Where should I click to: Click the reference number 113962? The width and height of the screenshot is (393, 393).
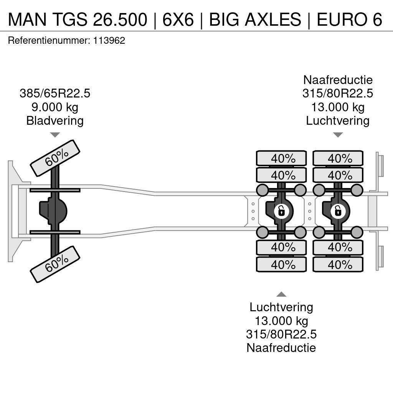(x=109, y=40)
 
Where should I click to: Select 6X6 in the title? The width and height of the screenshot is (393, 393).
(x=178, y=19)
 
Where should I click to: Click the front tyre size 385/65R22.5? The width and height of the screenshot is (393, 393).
(x=55, y=93)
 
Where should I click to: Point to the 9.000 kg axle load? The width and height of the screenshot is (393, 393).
(x=55, y=107)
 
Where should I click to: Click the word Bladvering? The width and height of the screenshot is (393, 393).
(x=55, y=121)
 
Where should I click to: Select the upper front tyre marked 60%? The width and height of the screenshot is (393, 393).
(x=55, y=158)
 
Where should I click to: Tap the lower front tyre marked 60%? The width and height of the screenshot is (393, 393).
(x=55, y=264)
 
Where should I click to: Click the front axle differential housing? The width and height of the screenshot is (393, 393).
(x=53, y=211)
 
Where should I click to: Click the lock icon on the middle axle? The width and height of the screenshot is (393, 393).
(x=282, y=211)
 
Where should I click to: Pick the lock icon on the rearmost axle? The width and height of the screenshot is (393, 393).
(x=338, y=211)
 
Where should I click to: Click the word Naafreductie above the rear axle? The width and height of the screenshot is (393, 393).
(x=338, y=80)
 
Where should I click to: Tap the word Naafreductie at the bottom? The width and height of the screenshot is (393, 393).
(x=281, y=348)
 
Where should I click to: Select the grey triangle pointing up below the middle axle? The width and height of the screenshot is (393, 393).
(x=281, y=294)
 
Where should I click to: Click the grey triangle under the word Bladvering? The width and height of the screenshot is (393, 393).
(x=55, y=135)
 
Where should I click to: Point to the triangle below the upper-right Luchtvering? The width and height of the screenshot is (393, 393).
(x=338, y=135)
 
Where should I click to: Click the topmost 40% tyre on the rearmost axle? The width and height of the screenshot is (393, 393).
(x=338, y=158)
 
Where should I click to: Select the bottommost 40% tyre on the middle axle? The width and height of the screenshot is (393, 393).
(x=281, y=264)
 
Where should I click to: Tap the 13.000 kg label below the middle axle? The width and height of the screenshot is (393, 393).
(x=281, y=320)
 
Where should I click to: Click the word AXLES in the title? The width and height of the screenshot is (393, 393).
(x=273, y=19)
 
